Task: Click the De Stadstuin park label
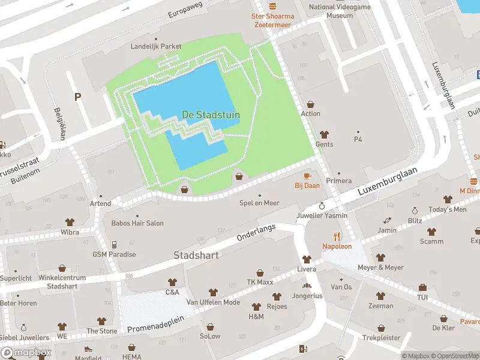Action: (x=211, y=114)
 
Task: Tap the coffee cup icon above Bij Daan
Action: (x=307, y=176)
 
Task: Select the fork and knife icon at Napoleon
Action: (x=337, y=236)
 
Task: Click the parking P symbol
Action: (x=77, y=97)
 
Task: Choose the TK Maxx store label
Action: (x=260, y=282)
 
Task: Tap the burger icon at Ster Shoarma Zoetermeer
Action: (x=273, y=5)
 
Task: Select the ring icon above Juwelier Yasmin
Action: (x=322, y=206)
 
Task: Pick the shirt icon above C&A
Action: (x=172, y=282)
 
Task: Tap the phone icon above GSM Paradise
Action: (x=114, y=244)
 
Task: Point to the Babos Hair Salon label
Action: (x=137, y=223)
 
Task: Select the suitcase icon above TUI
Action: (x=422, y=287)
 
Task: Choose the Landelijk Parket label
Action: (x=156, y=46)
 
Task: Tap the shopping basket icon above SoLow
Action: (x=211, y=327)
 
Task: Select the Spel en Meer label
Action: (x=259, y=203)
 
